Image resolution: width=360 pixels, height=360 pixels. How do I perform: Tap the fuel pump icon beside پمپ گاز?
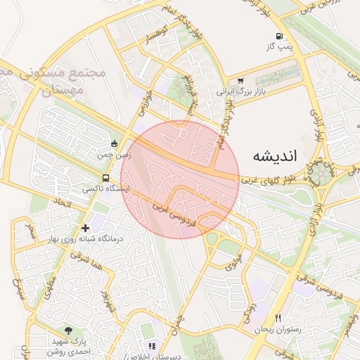coord(280,37)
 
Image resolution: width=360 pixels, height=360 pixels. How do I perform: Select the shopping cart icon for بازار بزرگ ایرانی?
coord(241,81)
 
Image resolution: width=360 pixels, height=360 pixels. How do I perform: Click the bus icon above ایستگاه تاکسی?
coord(105,178)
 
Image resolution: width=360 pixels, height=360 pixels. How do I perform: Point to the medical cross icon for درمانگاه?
coord(86,228)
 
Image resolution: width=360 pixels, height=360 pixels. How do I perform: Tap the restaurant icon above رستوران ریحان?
coord(278,318)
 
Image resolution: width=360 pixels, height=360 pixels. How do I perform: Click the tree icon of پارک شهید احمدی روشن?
coord(67,330)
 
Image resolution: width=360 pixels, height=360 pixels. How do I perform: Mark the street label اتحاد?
coord(60,205)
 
